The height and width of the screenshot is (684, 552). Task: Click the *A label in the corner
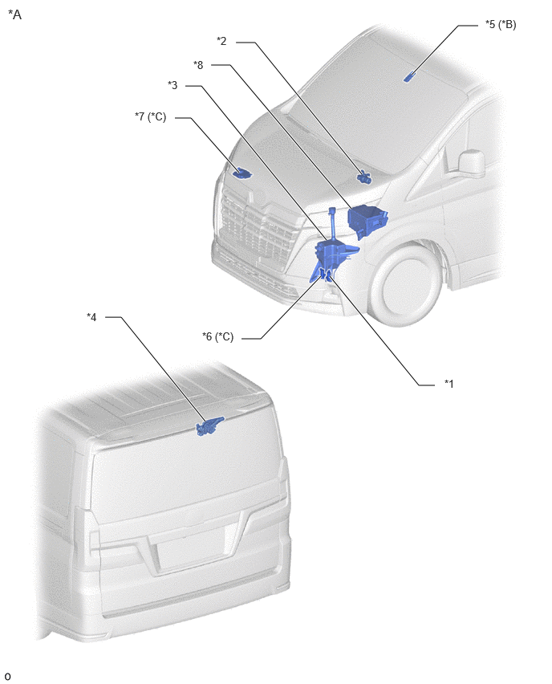[14, 14]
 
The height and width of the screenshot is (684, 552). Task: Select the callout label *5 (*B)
[501, 24]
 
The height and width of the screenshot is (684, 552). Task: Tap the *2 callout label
[221, 41]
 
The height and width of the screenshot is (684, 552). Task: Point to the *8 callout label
[198, 65]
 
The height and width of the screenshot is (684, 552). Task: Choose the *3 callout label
[172, 85]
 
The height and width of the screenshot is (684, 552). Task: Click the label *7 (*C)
[150, 116]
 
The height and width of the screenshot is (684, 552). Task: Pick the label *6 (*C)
[217, 336]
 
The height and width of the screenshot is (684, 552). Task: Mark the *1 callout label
[449, 384]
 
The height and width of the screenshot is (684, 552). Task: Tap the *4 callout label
[91, 316]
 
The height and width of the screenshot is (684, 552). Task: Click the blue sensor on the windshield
[408, 77]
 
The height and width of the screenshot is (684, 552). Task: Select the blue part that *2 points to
[364, 177]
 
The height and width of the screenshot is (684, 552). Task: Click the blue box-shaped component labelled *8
[367, 221]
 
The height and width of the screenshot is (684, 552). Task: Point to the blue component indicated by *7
[241, 173]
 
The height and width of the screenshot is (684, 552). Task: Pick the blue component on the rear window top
[209, 426]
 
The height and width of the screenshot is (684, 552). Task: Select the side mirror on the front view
[471, 165]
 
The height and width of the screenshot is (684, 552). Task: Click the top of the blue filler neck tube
[332, 210]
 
